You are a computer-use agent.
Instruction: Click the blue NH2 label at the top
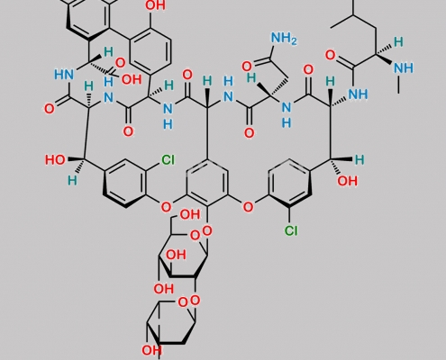point(284,39)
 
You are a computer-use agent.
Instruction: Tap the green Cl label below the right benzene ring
point(291,230)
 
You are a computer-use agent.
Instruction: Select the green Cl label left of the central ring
point(168,160)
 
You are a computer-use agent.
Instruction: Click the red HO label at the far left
point(55,160)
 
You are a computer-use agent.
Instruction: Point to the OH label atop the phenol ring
point(155,5)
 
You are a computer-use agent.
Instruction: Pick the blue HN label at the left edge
point(64,74)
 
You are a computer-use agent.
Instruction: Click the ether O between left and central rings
point(166,207)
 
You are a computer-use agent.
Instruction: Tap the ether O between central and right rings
point(248,207)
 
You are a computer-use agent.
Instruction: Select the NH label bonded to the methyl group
point(404,68)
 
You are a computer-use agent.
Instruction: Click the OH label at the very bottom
point(151,350)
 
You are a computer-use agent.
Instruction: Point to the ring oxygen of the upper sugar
point(195,236)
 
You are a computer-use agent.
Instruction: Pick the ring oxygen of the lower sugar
point(182,302)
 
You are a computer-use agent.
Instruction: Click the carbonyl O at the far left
point(50,109)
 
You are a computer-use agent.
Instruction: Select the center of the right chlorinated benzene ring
point(289,184)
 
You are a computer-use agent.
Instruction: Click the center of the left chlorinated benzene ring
point(125,184)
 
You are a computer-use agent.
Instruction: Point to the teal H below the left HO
point(72,181)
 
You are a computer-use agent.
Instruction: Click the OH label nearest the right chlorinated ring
point(348,181)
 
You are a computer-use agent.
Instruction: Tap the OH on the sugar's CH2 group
point(190,214)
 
